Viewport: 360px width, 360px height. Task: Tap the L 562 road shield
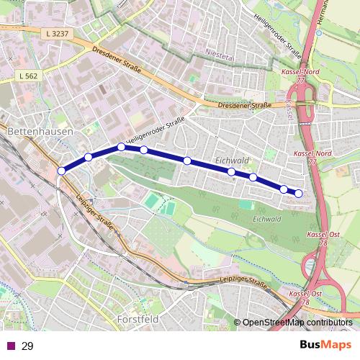pos(30,76)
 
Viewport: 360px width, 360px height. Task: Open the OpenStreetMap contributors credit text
pos(298,323)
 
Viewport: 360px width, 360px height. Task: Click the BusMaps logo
pos(325,346)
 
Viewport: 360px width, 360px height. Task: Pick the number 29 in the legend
pos(28,346)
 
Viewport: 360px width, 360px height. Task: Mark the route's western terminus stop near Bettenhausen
pos(61,171)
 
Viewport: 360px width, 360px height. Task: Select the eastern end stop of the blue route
pos(299,192)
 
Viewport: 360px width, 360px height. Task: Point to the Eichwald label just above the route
pos(233,161)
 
